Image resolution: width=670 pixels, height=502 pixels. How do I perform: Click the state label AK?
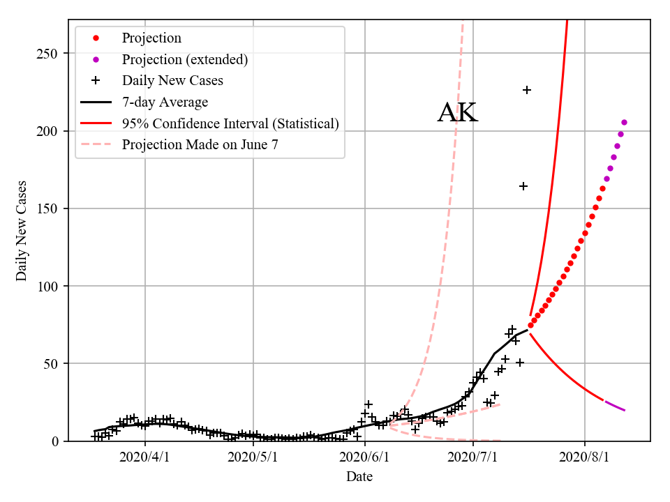coord(458,113)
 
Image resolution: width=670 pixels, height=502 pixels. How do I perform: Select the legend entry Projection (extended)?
coord(184,59)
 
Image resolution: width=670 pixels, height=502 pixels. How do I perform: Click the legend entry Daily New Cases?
coord(172,80)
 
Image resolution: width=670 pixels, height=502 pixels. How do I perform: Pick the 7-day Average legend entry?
coord(165,102)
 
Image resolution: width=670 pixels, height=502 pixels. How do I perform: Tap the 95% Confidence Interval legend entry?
coord(230,123)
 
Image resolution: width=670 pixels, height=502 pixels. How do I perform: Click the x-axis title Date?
coord(359,477)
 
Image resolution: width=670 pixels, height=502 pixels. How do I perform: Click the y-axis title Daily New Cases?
coord(22,230)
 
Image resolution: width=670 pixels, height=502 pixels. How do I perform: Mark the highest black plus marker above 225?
coord(527,90)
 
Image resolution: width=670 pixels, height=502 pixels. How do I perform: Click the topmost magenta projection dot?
coord(624,122)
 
